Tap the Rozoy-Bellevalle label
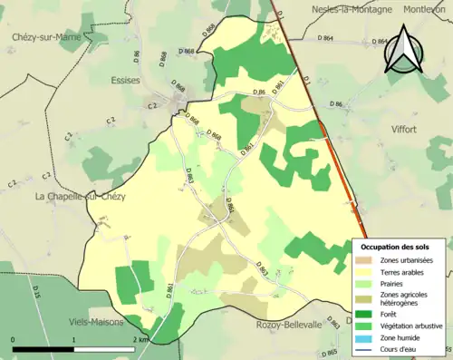[288, 325]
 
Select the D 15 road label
[37, 291]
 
